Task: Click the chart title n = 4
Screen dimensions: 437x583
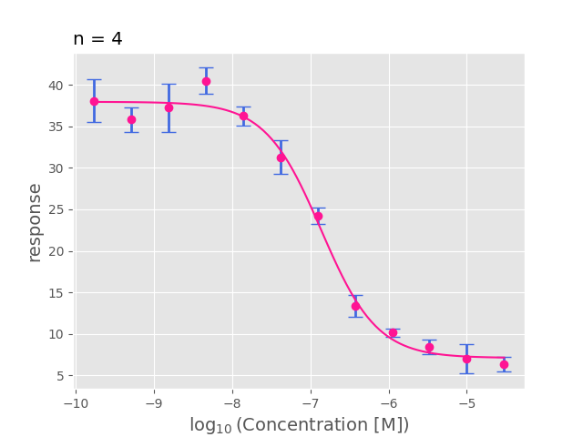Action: [97, 39]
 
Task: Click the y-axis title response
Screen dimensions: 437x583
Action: [35, 222]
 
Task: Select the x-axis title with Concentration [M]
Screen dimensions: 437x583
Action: [299, 425]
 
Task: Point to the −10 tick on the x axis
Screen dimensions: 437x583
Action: [75, 401]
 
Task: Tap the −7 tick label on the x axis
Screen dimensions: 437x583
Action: [310, 401]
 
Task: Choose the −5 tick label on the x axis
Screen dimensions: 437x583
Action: [466, 401]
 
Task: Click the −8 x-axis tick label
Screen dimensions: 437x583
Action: [231, 401]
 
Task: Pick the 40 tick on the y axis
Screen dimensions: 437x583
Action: [56, 86]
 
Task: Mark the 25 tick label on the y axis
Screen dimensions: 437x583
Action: [56, 210]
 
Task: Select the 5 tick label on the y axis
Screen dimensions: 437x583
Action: [59, 376]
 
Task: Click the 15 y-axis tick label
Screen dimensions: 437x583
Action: [56, 293]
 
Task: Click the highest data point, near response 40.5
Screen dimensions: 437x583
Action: [206, 81]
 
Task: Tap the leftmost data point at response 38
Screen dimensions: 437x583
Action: [94, 101]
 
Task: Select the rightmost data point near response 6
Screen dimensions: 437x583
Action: [504, 364]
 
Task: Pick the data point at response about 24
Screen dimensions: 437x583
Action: [318, 216]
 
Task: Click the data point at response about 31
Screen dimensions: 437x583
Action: [281, 158]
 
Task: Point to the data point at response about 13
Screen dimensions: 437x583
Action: [355, 306]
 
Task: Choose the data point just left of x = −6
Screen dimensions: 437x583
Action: [393, 332]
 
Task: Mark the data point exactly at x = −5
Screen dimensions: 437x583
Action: [466, 359]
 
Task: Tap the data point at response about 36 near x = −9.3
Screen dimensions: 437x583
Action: [131, 119]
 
